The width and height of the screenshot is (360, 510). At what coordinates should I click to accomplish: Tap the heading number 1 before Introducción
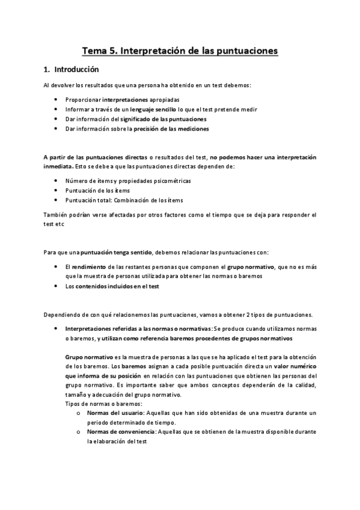point(46,69)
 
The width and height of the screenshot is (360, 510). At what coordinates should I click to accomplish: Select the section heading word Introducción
point(75,69)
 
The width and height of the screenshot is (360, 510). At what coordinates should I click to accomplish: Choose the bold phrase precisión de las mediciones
point(171,129)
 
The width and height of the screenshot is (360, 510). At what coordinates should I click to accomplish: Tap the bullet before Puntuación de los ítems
point(56,190)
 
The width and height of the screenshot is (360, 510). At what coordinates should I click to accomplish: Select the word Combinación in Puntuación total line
point(138,200)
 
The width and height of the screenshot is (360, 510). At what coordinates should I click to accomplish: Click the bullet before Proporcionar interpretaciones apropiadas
point(56,99)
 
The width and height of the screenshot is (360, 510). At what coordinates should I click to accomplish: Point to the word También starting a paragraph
point(58,214)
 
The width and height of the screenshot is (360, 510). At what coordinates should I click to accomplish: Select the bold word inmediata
point(58,166)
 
